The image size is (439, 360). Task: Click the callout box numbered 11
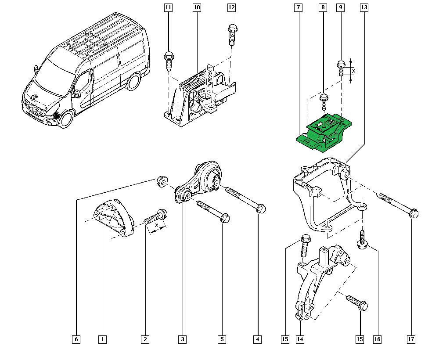[168, 7]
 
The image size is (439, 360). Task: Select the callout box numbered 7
[299, 7]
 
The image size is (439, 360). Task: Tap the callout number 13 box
[363, 7]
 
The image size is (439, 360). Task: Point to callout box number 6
[76, 339]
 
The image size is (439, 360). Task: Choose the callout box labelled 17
[411, 339]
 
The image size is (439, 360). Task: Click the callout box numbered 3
[183, 339]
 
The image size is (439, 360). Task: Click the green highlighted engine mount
[324, 133]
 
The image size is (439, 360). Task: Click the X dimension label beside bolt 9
[353, 71]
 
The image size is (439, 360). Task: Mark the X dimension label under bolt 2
[157, 225]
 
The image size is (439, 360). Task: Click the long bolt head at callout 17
[414, 214]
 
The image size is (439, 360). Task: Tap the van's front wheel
[65, 119]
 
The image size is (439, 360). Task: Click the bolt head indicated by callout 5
[225, 217]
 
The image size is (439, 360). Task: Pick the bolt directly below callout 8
[324, 102]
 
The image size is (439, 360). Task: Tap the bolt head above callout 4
[261, 209]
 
